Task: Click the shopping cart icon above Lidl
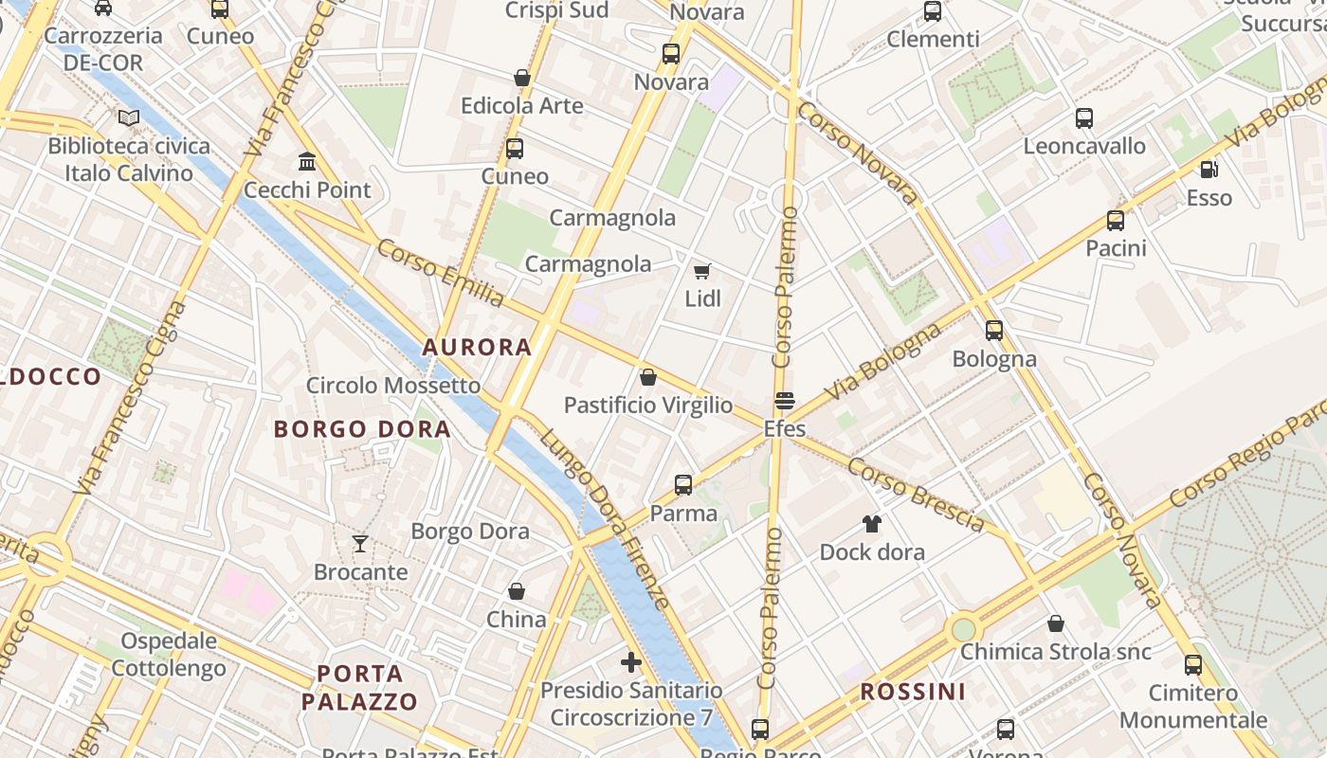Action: pos(701,272)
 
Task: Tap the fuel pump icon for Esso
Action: pos(1209,170)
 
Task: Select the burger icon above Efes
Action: pos(784,401)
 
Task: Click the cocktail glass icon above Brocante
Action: pos(360,544)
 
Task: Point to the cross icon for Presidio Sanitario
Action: pos(631,662)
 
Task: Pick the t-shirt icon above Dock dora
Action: pos(872,524)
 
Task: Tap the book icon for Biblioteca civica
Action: pos(129,118)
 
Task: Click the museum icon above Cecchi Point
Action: pos(307,162)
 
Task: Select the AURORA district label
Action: pos(477,348)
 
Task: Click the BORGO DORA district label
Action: pos(362,429)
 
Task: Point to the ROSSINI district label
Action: pos(913,692)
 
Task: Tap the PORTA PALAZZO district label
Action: pos(360,688)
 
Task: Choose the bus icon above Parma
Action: pos(682,485)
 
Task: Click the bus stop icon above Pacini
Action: pos(1116,221)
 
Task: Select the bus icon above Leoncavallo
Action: pos(1084,118)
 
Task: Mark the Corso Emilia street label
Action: pos(441,273)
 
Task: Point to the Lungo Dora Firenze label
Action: pos(606,518)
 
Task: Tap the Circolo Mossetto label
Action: pos(393,386)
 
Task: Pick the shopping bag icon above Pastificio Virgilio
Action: pos(648,377)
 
